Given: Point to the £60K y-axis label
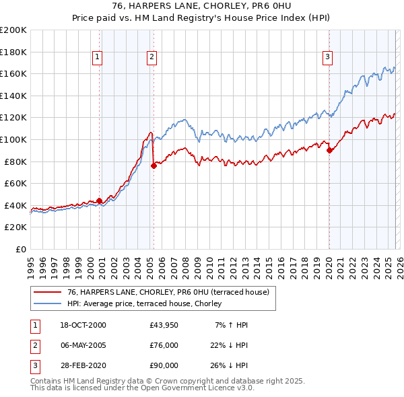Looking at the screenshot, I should coord(15,183).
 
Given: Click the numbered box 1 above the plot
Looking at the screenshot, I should coord(98,57).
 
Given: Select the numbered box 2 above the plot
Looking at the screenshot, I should coord(152,57).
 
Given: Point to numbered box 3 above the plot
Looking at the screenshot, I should coord(328,57).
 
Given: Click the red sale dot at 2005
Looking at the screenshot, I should coord(154,166).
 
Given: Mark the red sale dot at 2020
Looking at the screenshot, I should coord(329,151).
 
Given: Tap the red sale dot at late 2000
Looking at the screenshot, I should coord(100,201).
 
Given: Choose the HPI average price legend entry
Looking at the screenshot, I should coord(148,303).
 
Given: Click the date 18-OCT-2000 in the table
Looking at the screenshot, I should coord(83,325).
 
